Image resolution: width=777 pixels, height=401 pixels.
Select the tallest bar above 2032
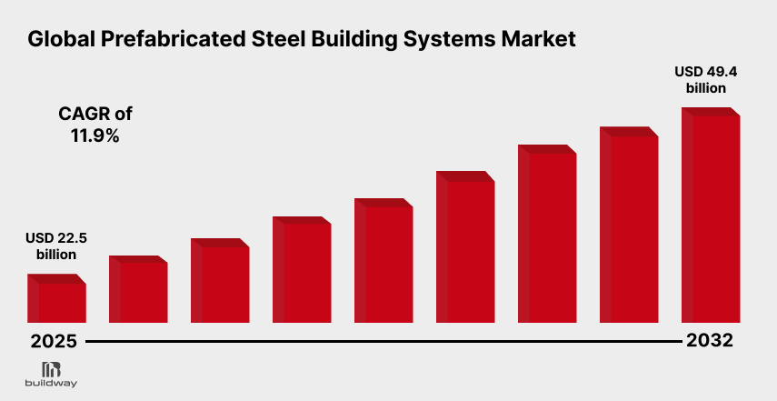711,218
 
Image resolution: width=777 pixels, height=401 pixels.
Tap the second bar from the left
138,291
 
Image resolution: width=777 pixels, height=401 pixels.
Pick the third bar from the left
220,282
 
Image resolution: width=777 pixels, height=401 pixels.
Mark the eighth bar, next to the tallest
629,226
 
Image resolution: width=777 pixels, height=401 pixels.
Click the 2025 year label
53,342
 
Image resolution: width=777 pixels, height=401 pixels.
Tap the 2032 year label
711,342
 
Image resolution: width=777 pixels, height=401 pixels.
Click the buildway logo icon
52,368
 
